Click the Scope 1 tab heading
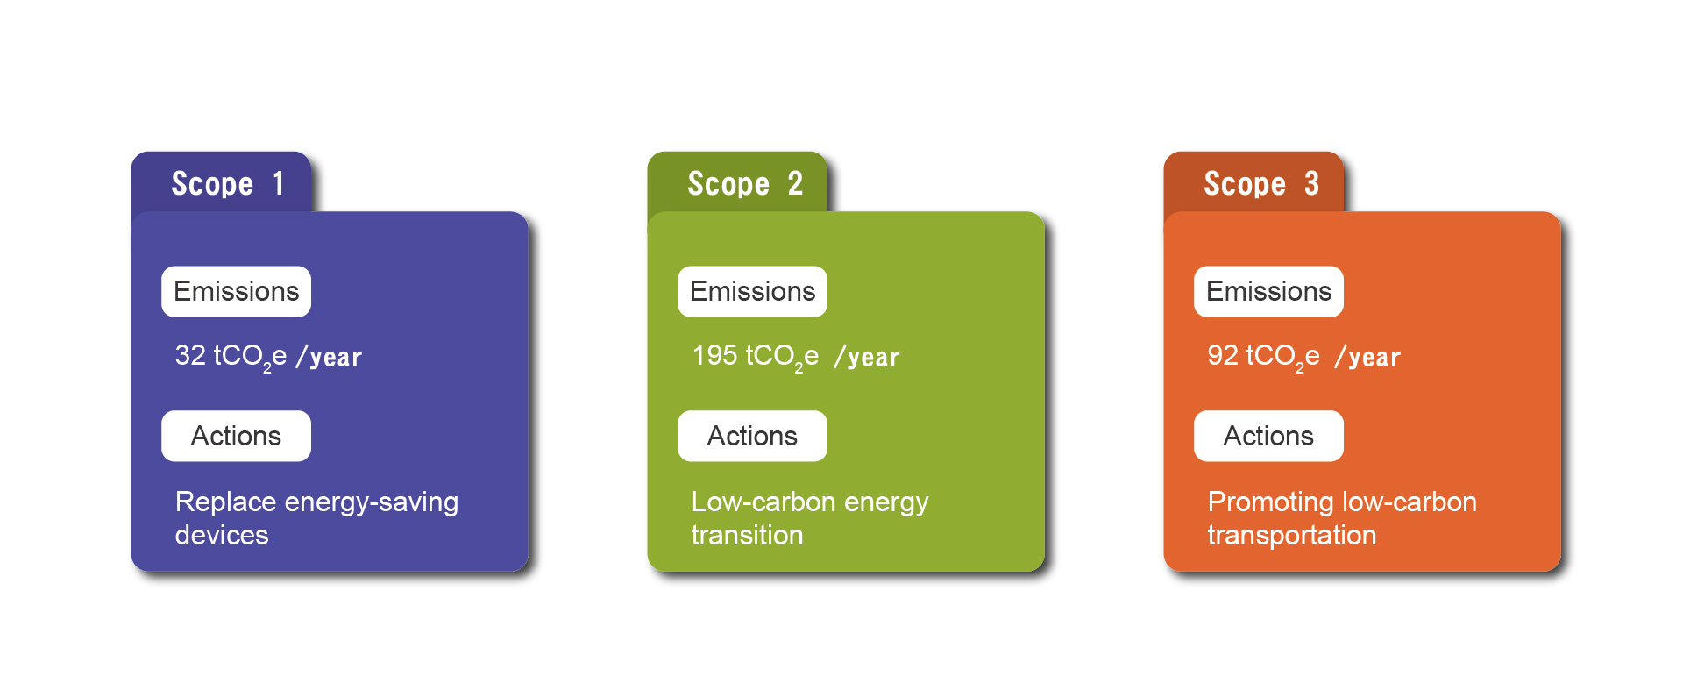pos(227,183)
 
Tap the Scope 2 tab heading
pos(745,183)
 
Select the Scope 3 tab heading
pos(1261,183)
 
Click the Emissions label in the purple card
pos(236,291)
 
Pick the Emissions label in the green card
pos(752,291)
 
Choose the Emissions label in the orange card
pos(1268,291)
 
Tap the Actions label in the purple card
pos(236,436)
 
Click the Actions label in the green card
pos(752,436)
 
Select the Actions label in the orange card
pos(1268,436)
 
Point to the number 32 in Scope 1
pos(190,355)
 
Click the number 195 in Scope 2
pos(714,355)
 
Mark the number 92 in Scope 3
pos(1223,355)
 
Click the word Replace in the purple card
pos(226,502)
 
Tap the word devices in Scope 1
pos(222,535)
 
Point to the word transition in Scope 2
pos(747,535)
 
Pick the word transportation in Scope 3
pos(1292,536)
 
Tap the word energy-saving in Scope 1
pos(372,503)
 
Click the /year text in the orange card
pos(1367,357)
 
